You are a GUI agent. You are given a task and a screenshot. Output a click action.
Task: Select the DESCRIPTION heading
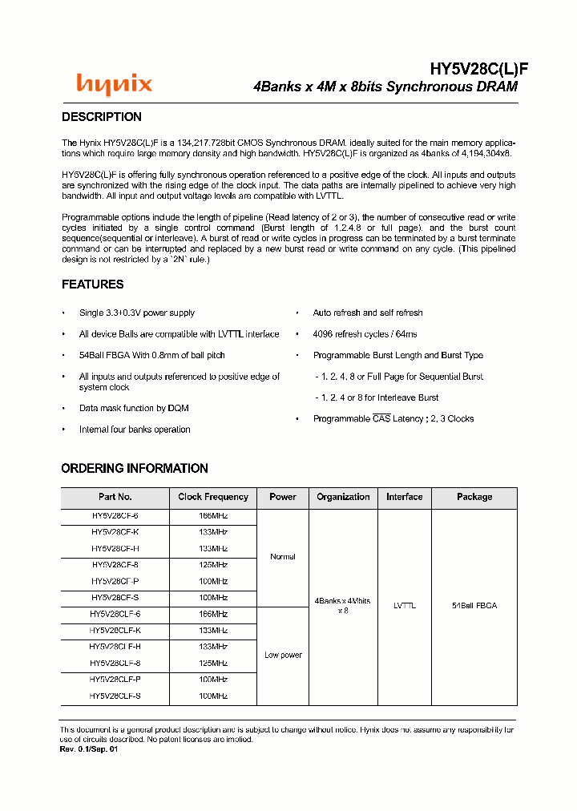coord(102,117)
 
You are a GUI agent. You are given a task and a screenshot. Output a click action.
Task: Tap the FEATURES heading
coord(93,284)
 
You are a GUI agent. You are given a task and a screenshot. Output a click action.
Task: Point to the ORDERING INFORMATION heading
coord(135,468)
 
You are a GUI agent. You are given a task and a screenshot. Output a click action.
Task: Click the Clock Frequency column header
coord(213,497)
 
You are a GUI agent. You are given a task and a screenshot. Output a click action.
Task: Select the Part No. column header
coord(115,497)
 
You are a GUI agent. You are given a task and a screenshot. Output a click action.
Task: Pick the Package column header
coord(474,497)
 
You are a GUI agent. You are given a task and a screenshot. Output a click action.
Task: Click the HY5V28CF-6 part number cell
coord(115,516)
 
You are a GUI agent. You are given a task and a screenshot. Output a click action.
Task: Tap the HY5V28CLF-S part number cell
coord(115,696)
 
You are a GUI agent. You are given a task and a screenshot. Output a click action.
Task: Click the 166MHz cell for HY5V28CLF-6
coord(213,614)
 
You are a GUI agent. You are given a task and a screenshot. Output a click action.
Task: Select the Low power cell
coord(283,656)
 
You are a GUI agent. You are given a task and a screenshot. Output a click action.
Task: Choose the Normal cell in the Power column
coord(283,557)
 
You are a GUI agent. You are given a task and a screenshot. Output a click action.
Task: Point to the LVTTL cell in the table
coord(405,606)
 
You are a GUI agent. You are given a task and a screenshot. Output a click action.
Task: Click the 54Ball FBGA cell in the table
coord(474,606)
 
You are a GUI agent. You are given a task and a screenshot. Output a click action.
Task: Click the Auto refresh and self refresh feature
coord(368,313)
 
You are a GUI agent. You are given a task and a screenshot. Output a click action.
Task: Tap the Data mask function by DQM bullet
coord(134,408)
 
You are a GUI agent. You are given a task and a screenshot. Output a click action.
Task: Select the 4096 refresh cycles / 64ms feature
coord(365,334)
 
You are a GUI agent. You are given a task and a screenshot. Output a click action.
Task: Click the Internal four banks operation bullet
coord(135,430)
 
